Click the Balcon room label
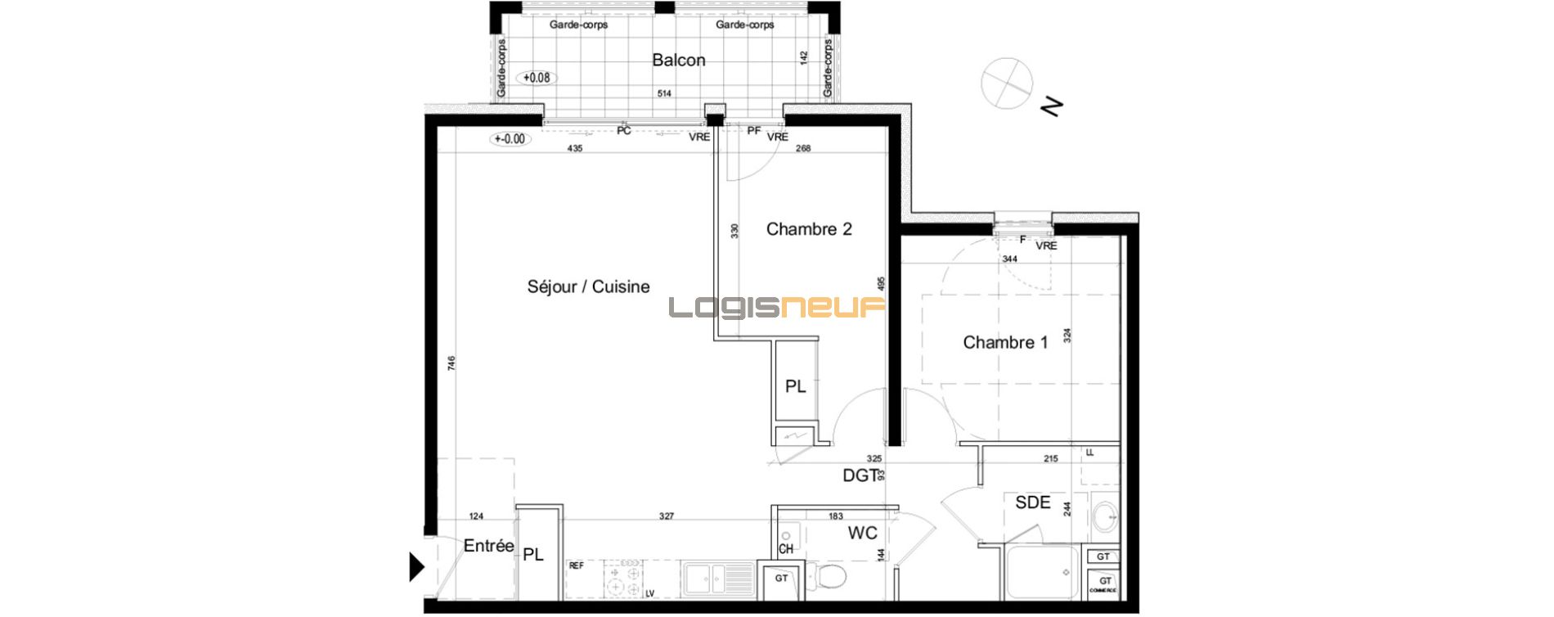(678, 60)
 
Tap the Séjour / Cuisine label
(588, 286)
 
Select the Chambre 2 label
(809, 229)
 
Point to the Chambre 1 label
(1005, 342)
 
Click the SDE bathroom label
(1032, 502)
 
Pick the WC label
(862, 533)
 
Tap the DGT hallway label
(860, 475)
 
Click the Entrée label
(488, 546)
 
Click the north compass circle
(1007, 83)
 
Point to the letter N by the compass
(1051, 106)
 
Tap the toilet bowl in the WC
(830, 578)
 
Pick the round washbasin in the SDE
(1105, 516)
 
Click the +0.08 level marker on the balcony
(537, 78)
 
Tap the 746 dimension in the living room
(451, 363)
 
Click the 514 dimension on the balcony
(664, 94)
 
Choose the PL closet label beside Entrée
(533, 555)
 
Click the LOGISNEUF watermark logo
(777, 308)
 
